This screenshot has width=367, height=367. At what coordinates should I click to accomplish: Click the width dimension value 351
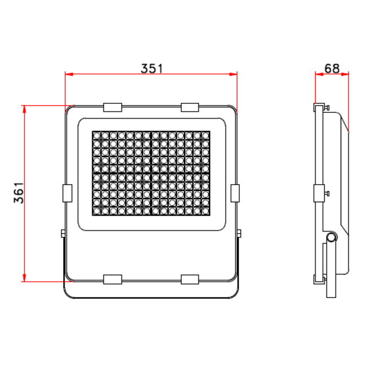151,68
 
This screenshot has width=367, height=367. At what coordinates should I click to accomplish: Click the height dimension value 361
18,193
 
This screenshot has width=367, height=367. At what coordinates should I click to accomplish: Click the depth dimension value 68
332,68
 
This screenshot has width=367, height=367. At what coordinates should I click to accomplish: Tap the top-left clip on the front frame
113,107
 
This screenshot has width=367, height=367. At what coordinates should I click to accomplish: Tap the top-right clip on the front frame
190,107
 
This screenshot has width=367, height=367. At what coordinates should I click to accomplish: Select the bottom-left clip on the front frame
113,279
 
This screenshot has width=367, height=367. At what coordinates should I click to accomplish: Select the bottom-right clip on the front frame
190,279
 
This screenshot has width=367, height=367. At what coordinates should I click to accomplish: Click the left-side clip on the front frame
67,193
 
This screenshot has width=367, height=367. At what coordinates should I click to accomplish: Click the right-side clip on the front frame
235,193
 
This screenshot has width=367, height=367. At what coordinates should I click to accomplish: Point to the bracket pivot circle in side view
331,238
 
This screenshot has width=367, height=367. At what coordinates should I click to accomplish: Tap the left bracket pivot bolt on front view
62,233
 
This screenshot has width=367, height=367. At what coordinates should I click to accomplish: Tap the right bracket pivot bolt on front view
240,233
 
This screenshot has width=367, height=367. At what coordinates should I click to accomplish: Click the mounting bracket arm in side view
330,271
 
